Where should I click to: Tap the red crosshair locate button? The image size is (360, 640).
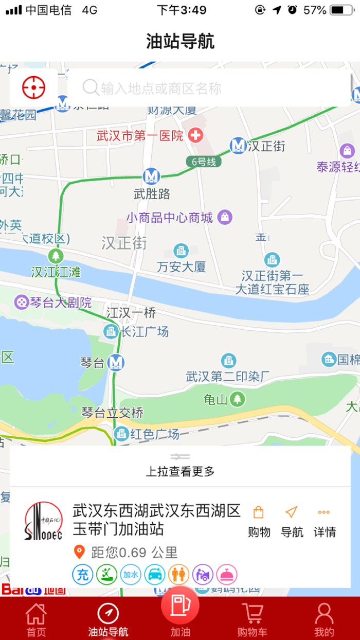coord(34,87)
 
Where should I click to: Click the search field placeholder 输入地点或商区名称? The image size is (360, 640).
coord(160,88)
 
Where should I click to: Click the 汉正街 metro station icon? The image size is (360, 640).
coord(238,146)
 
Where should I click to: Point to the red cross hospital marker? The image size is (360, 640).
coord(195,136)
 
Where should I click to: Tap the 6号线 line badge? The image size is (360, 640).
coord(204,162)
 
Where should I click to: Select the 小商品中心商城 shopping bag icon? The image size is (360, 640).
coord(225,217)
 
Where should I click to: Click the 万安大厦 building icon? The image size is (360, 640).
coord(181,251)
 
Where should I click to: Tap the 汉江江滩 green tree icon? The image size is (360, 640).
coord(55,255)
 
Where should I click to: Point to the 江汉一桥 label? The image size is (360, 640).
coord(131,312)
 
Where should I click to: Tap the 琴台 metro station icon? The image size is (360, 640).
coord(116,363)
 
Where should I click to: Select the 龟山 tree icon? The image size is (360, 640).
coord(237,399)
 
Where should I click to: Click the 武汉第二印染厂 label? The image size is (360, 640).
coord(227,377)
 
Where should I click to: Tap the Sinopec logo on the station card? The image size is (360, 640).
coord(44,521)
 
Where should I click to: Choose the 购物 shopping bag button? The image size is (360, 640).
coord(259,520)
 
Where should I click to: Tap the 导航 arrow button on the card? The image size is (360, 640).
coord(292,520)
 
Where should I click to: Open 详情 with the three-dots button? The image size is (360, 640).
coord(324,520)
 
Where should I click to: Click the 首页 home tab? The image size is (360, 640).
coord(36,619)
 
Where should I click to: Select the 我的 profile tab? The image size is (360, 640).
coord(324,619)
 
